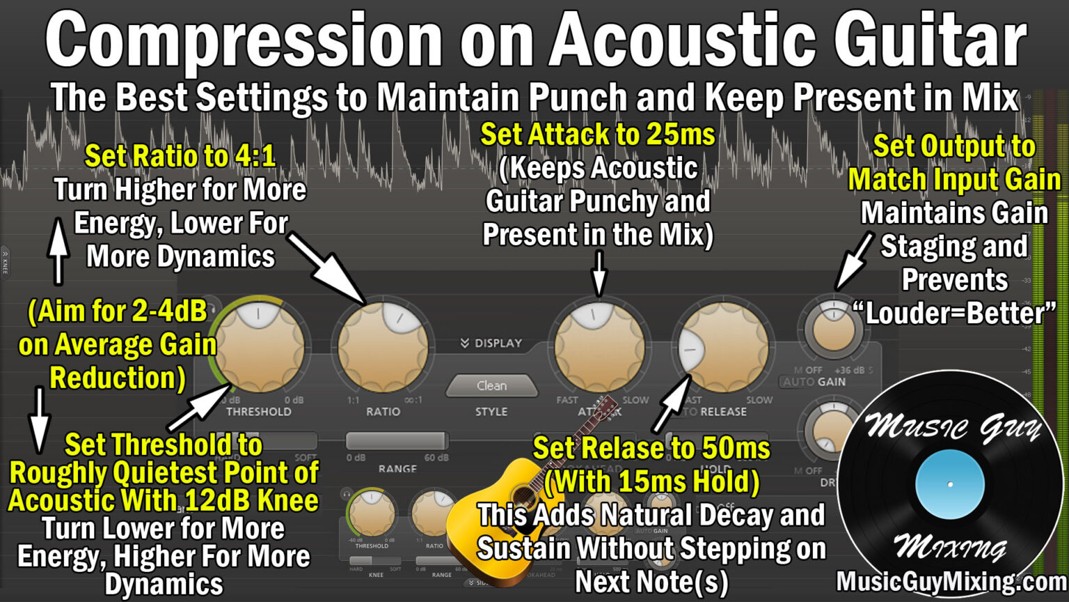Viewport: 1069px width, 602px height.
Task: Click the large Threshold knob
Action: [x=258, y=346]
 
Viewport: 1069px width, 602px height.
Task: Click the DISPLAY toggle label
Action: [x=491, y=343]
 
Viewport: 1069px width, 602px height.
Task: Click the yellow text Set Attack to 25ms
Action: [x=598, y=134]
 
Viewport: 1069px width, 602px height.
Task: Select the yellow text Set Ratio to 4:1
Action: [x=180, y=156]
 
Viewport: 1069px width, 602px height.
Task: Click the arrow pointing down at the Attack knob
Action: [x=599, y=274]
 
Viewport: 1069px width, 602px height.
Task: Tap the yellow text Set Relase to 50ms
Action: [x=651, y=448]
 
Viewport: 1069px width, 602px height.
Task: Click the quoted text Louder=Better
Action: [x=955, y=313]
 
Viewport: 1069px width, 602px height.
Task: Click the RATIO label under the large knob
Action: [x=383, y=412]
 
